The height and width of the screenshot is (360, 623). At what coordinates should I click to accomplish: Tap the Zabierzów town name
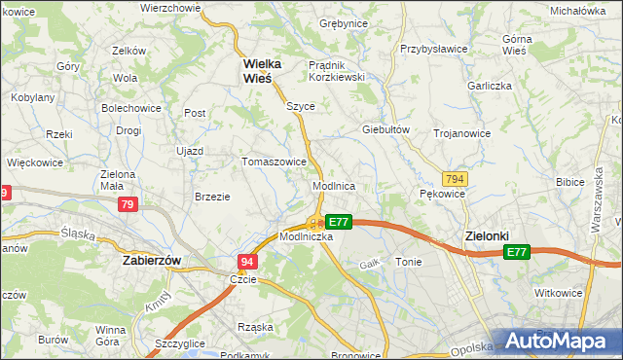pos(155,261)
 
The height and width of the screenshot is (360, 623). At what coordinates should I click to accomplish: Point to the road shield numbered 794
pos(454,179)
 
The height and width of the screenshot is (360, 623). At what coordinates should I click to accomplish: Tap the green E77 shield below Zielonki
pos(516,253)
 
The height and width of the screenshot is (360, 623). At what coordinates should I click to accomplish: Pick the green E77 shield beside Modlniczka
pos(337,222)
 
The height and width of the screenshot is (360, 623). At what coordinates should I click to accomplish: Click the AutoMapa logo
pos(560,341)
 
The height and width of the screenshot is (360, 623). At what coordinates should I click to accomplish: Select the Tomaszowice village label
pos(275,162)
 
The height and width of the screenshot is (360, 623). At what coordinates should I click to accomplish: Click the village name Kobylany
pos(33,98)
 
